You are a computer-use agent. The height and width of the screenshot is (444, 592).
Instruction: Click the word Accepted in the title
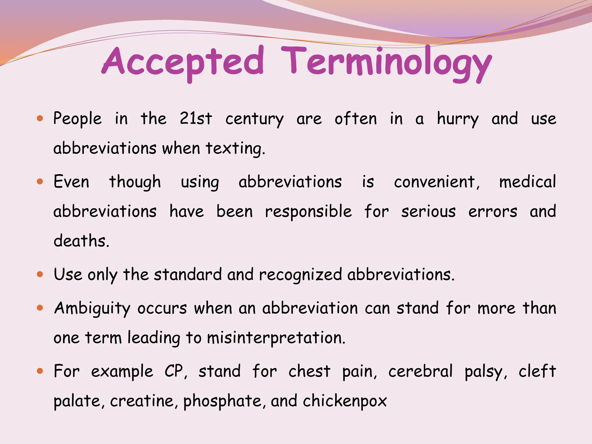183,62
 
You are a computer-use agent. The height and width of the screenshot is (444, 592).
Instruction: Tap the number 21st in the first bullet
196,119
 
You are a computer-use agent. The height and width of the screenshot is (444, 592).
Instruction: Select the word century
254,119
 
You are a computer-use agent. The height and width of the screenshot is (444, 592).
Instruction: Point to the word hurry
458,119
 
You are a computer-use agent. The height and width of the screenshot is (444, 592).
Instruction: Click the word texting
235,148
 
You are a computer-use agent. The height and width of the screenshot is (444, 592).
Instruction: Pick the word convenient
436,182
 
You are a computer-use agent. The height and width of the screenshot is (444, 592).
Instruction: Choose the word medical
528,182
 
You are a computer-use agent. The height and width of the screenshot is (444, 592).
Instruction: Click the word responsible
308,212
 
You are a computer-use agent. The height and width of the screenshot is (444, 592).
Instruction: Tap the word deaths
81,241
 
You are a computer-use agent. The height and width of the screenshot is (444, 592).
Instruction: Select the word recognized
300,275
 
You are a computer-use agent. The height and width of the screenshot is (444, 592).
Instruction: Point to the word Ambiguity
92,308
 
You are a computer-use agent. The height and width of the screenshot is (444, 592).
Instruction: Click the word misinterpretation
276,338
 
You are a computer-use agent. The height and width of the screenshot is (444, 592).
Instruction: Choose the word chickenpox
345,401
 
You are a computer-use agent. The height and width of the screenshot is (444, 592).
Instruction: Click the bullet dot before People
40,118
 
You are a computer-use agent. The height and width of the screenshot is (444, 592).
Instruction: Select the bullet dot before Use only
40,274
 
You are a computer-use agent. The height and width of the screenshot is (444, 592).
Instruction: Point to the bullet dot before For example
40,371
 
